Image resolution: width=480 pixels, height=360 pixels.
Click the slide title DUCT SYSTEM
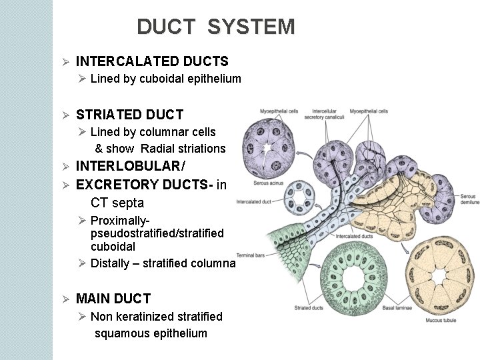coord(215,27)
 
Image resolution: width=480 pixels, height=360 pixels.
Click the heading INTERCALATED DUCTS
coord(153,61)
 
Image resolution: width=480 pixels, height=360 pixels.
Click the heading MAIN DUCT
coord(113,299)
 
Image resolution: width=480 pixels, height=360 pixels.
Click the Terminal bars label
coord(253,256)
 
